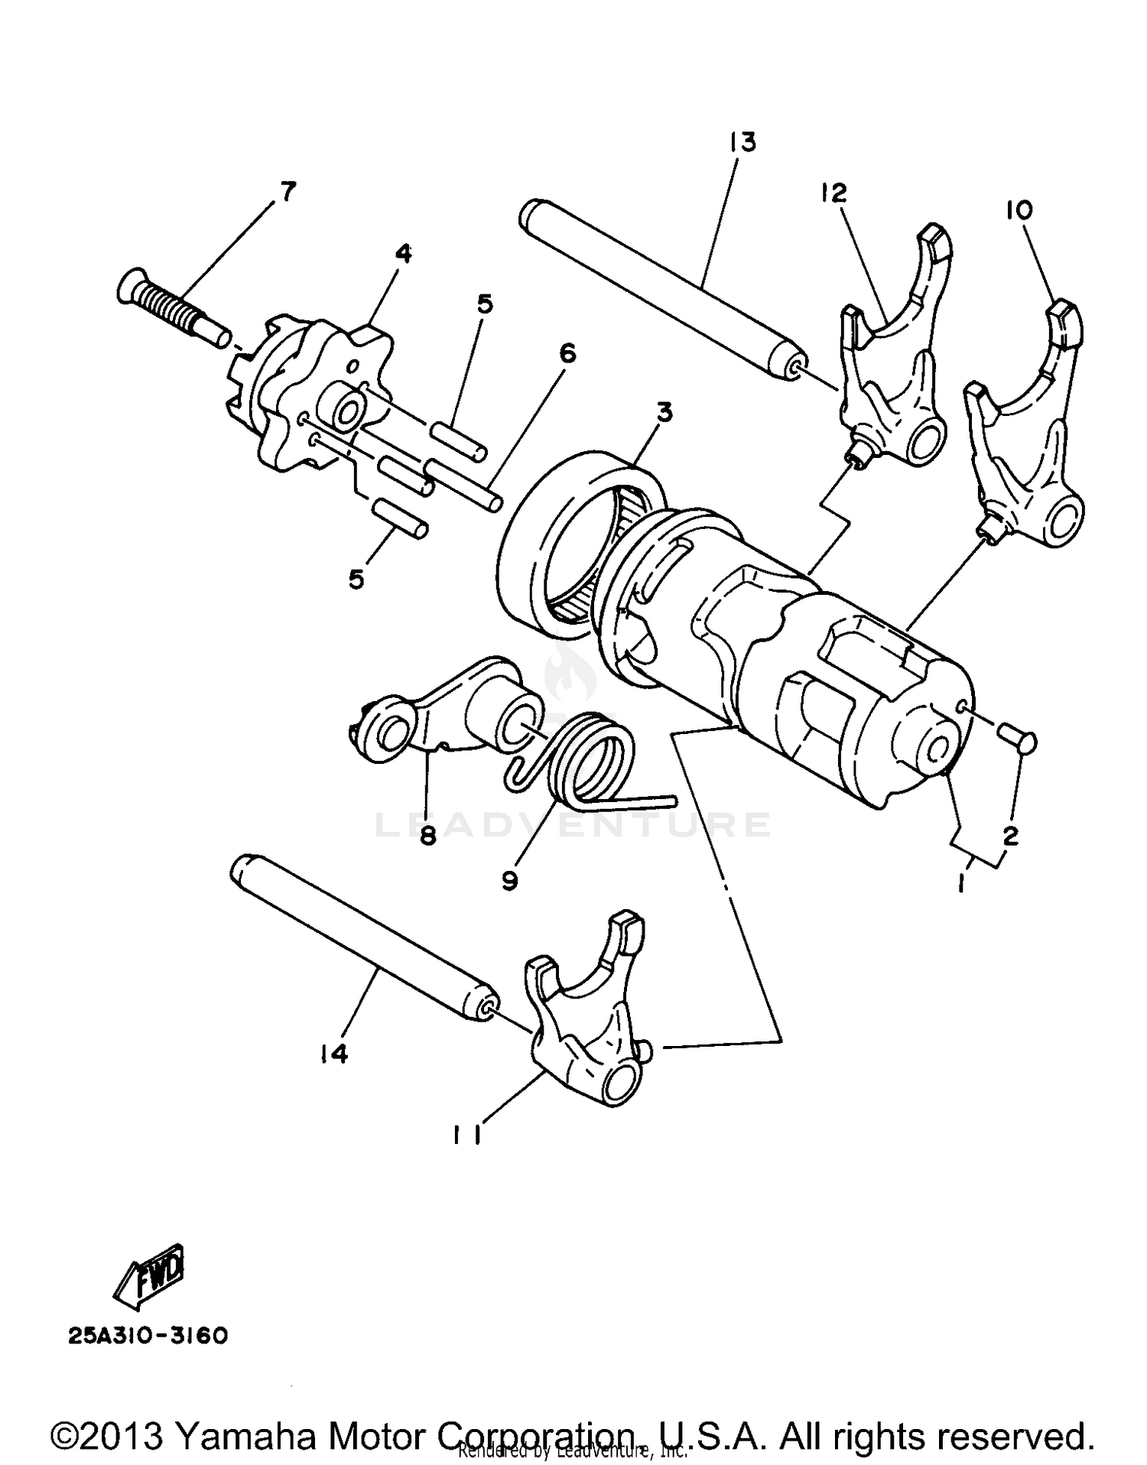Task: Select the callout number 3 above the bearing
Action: [664, 413]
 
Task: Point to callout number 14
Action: [334, 1054]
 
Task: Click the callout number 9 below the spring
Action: [509, 881]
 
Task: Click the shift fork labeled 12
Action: [895, 359]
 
